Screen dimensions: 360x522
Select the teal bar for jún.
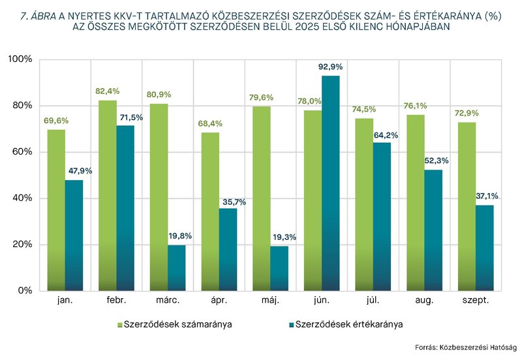click(x=331, y=183)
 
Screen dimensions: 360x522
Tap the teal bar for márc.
click(x=177, y=267)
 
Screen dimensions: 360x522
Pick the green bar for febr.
click(x=108, y=195)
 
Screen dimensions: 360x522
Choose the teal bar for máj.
click(x=279, y=268)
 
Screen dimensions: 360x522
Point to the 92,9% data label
click(x=331, y=67)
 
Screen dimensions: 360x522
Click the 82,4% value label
click(x=108, y=91)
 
